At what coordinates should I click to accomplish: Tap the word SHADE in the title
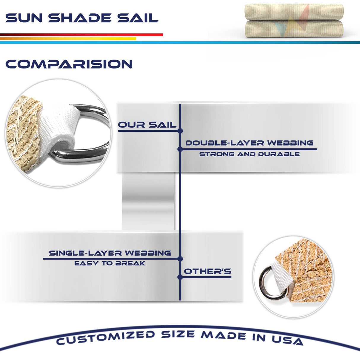[80, 18]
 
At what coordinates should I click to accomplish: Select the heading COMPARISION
[69, 64]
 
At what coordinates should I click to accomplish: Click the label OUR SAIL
[147, 125]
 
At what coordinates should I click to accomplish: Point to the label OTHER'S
[208, 271]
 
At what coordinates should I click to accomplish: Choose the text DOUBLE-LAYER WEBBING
[249, 143]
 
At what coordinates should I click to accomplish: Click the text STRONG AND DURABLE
[249, 154]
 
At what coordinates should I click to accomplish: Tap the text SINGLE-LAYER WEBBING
[110, 253]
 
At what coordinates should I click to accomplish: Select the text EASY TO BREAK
[110, 263]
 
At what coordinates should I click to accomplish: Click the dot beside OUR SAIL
[180, 131]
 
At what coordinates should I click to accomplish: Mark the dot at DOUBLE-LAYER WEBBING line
[180, 149]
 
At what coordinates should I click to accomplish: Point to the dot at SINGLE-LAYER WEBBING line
[180, 259]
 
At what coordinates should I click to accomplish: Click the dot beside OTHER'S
[180, 277]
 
